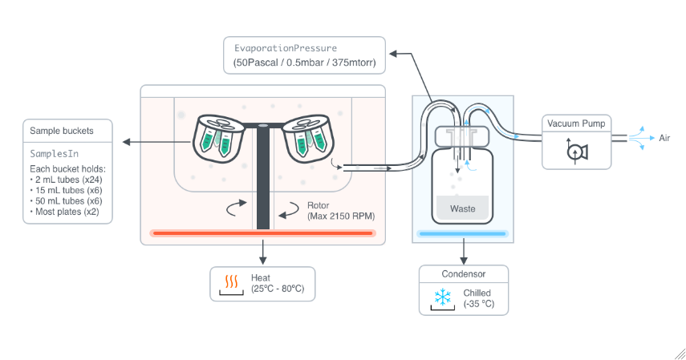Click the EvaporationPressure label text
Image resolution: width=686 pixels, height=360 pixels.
tap(286, 48)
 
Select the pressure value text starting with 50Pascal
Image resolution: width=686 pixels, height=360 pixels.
tap(305, 63)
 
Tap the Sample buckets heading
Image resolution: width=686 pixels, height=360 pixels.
tap(62, 131)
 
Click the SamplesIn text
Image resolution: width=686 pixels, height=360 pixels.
tap(55, 153)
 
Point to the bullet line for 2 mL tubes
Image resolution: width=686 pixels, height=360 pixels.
tap(66, 180)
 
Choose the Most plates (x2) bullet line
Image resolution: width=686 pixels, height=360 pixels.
tap(65, 212)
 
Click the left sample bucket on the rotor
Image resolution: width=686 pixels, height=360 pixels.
tap(218, 138)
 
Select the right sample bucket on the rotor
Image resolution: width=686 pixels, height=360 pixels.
tap(308, 138)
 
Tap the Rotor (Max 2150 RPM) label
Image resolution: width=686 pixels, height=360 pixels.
tap(341, 211)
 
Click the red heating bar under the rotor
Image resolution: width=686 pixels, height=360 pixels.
tap(262, 233)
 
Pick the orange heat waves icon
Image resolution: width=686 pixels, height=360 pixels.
tap(231, 281)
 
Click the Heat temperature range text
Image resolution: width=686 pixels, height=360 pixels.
tap(278, 289)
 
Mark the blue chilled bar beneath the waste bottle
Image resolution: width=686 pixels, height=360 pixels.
tap(462, 233)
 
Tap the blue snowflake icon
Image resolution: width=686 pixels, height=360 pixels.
tap(443, 297)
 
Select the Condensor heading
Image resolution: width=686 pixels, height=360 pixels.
tap(463, 274)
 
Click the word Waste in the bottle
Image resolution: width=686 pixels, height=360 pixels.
tap(462, 208)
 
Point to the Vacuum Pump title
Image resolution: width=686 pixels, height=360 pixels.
tap(576, 123)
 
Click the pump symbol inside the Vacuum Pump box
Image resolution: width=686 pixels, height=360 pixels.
tap(577, 152)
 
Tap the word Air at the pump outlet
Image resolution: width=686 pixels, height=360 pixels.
tap(664, 138)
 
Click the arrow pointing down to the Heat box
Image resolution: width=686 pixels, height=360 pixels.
tap(262, 252)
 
